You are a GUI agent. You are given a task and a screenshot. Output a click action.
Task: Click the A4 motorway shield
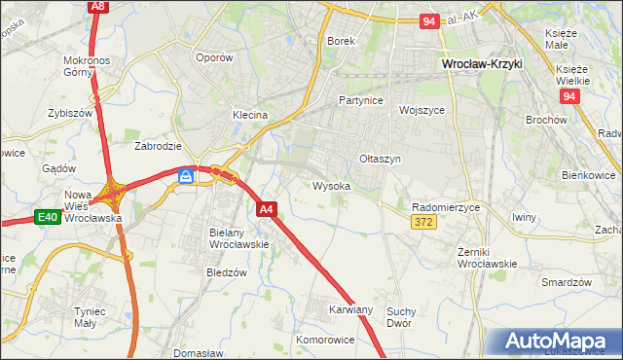(268, 208)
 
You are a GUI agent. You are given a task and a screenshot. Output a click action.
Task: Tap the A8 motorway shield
(96, 6)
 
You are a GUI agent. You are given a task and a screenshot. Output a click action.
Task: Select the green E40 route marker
(49, 217)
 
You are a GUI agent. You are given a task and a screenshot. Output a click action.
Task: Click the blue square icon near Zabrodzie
(185, 176)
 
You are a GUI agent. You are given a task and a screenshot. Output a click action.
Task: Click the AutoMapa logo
(558, 342)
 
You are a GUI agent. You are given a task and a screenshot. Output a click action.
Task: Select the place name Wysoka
(331, 185)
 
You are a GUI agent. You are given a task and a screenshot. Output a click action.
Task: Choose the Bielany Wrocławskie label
(238, 238)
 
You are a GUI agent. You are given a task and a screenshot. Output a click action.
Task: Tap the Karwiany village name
(350, 309)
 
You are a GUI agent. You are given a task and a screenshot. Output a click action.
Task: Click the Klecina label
(249, 115)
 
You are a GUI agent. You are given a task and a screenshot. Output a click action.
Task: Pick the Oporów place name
(214, 57)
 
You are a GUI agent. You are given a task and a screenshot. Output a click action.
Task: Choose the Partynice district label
(360, 100)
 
